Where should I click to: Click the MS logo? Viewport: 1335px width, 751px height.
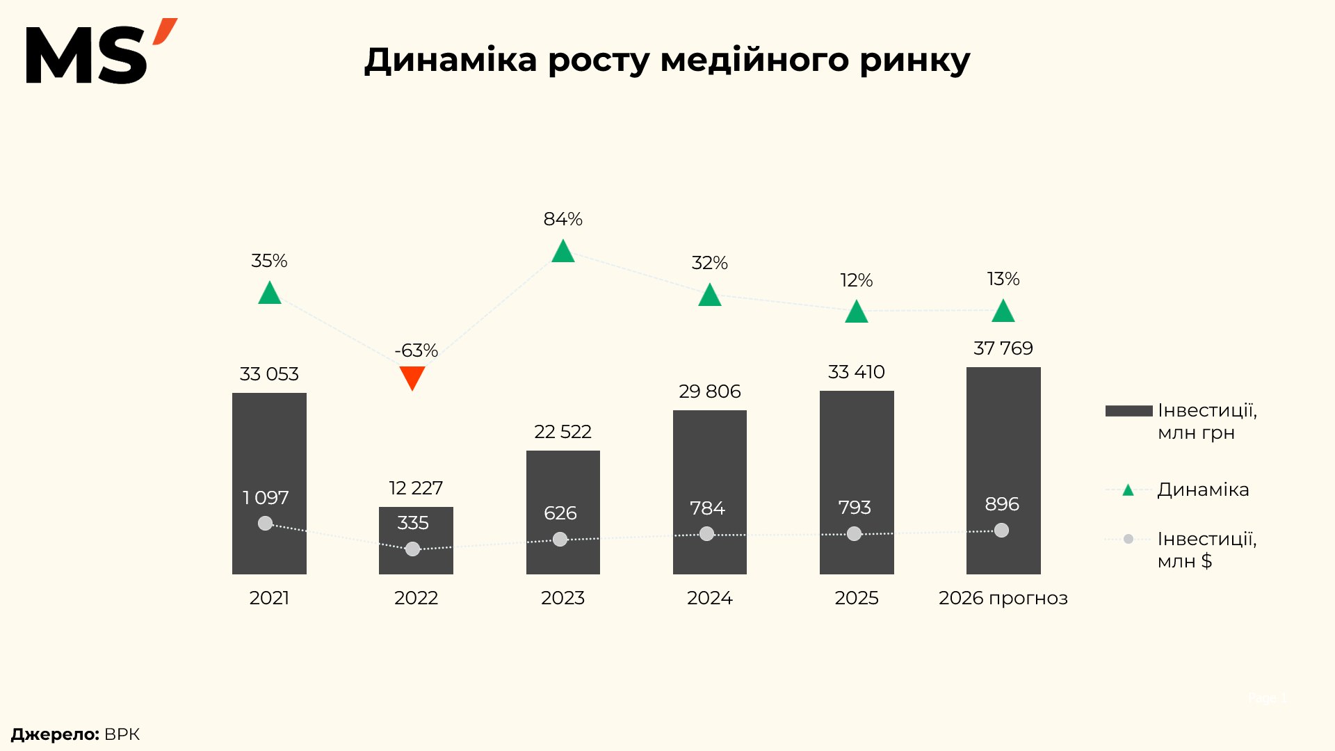[101, 52]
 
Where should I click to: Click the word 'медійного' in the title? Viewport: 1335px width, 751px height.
[754, 60]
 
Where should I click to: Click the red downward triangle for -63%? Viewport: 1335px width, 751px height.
[412, 378]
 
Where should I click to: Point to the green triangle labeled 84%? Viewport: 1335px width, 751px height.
[563, 251]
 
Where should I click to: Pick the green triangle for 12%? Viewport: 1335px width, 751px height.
[857, 312]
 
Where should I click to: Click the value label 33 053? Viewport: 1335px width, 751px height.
[269, 374]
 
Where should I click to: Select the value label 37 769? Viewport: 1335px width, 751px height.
[1003, 348]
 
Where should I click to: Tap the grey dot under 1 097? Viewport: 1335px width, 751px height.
[265, 523]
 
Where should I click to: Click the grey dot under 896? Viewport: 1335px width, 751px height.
[1001, 531]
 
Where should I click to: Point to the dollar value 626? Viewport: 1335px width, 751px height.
[560, 513]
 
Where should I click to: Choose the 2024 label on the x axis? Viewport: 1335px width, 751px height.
[710, 598]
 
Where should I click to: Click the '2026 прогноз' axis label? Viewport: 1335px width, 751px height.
[1003, 598]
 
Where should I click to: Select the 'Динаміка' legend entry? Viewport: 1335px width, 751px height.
[1203, 490]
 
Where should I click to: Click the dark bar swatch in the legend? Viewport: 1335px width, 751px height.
[1129, 411]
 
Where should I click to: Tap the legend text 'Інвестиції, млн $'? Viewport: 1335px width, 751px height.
[1207, 549]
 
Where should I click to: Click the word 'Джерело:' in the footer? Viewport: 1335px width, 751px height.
[55, 734]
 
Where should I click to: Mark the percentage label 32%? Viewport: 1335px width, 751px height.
[709, 263]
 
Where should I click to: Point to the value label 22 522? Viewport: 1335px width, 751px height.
[563, 432]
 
